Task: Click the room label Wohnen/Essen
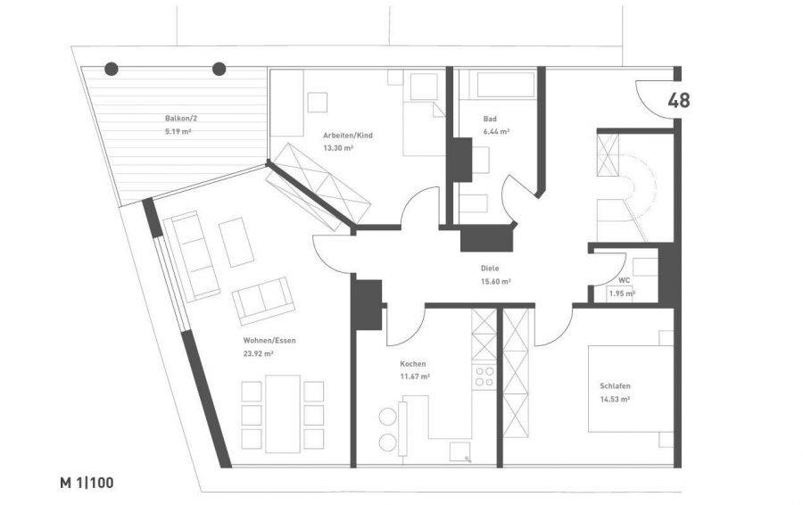click(x=269, y=341)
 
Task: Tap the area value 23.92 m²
click(x=258, y=353)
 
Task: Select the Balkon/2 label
click(x=181, y=119)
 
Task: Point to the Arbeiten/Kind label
click(x=348, y=136)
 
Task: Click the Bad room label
click(x=490, y=119)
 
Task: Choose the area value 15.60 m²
click(x=496, y=281)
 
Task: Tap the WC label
click(x=625, y=280)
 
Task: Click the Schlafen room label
click(x=615, y=386)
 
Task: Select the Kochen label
click(x=413, y=364)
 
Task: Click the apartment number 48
click(x=679, y=101)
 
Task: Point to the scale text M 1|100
click(x=87, y=483)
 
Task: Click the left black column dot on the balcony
click(x=112, y=69)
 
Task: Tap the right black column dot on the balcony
click(x=219, y=69)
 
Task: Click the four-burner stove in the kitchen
click(x=484, y=377)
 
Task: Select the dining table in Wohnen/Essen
click(x=283, y=414)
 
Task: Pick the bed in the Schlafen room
click(x=631, y=389)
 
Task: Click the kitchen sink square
click(x=459, y=452)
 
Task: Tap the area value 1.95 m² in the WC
click(x=622, y=294)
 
